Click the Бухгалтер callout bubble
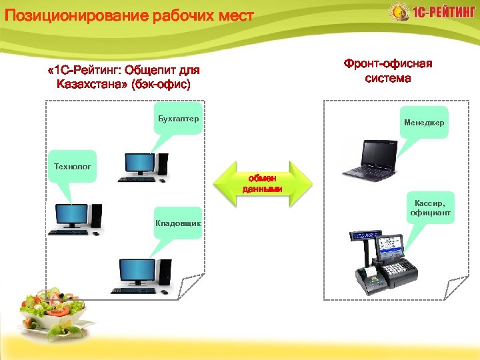pos(177,119)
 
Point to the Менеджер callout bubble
pos(423,123)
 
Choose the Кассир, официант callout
pos(430,207)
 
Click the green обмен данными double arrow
pos(265,183)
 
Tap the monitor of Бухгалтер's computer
pos(139,163)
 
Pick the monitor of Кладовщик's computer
pos(135,271)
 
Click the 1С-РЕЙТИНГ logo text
pos(443,13)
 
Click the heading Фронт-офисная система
pos(388,71)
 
